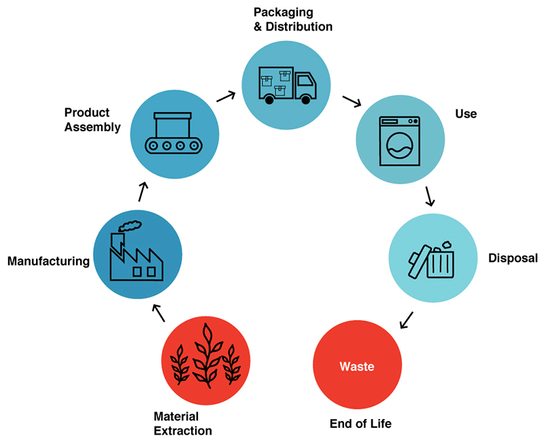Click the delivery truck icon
tap(287, 86)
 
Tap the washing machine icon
tap(400, 141)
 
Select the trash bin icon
tap(431, 259)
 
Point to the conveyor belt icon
tap(173, 133)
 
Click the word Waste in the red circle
tap(357, 367)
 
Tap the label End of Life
tap(360, 424)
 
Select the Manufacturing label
tap(48, 261)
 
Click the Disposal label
tap(513, 258)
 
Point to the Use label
tap(466, 114)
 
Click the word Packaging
tap(284, 12)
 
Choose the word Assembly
tap(92, 127)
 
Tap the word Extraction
tap(183, 431)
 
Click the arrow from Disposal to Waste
tap(407, 320)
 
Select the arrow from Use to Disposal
tap(430, 197)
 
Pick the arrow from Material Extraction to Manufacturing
tap(158, 313)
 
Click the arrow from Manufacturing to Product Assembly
tap(143, 192)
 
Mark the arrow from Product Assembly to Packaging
tap(226, 97)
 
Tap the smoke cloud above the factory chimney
tap(130, 226)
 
